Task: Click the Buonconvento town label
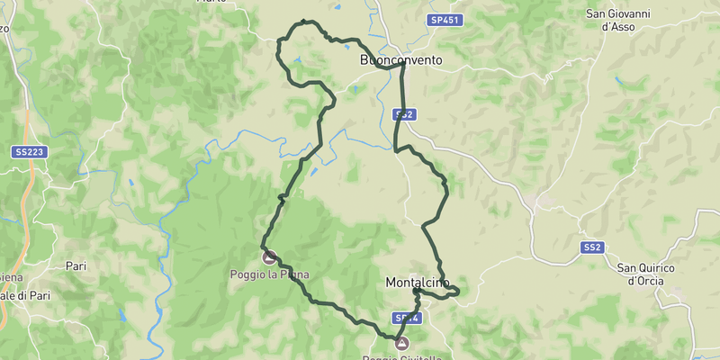tap(400, 60)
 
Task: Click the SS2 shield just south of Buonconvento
tap(404, 114)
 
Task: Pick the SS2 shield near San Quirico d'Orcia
tap(590, 247)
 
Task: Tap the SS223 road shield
tap(29, 152)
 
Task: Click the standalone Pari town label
tap(76, 265)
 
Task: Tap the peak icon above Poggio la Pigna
tap(268, 257)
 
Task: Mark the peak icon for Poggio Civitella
tap(401, 343)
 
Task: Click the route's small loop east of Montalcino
tap(449, 291)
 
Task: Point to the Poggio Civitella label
tap(402, 357)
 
